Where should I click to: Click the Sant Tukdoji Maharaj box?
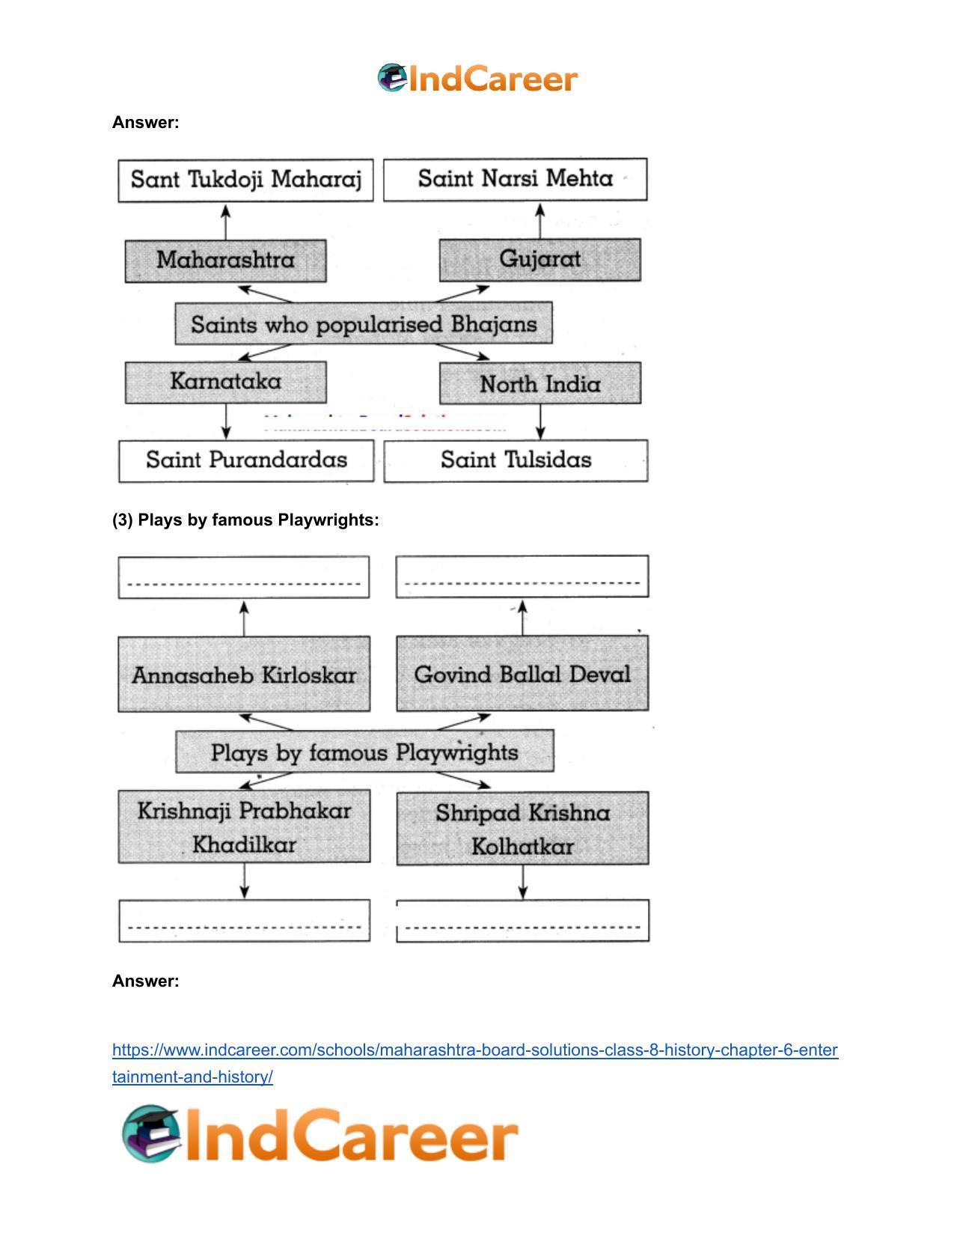point(245,180)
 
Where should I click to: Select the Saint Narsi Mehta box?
point(515,179)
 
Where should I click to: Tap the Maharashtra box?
point(226,261)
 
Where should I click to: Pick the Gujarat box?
point(540,259)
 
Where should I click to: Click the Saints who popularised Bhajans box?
point(364,323)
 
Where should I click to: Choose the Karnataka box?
point(226,383)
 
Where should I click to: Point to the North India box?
point(540,383)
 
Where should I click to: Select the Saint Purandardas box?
point(246,460)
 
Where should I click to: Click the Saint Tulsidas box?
point(516,460)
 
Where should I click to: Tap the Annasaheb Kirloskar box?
point(244,674)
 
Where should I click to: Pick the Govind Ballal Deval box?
point(522,674)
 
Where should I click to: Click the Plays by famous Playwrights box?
point(364,752)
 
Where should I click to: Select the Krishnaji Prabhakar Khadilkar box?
point(244,826)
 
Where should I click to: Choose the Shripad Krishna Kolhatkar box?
point(522,828)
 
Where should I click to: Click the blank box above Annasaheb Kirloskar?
point(243,577)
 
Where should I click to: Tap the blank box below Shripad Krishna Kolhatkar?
point(522,921)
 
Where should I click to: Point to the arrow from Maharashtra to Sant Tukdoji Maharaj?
point(226,222)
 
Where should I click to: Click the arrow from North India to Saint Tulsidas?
point(540,421)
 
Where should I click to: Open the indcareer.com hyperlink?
point(474,1063)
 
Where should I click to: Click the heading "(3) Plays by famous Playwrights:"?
point(245,520)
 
